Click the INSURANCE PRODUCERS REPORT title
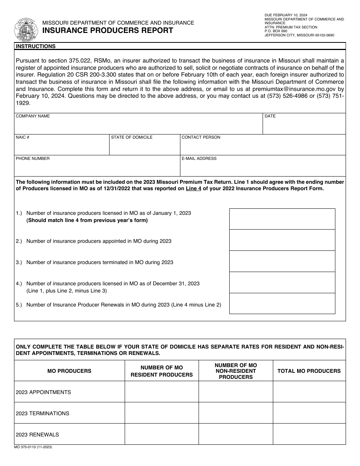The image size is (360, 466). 108,31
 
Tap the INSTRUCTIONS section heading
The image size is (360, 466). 36,46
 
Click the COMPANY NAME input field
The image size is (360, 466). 138,126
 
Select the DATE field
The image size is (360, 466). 304,126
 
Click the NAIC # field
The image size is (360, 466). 61,147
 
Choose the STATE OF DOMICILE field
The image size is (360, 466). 144,147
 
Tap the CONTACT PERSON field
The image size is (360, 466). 263,147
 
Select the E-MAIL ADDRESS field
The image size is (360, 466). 263,168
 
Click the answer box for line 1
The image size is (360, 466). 282,219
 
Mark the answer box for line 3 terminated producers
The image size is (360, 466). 282,261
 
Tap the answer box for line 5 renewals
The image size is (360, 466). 282,303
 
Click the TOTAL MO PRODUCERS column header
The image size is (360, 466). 309,371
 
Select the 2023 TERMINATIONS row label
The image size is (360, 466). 42,413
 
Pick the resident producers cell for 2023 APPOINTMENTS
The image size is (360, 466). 161,392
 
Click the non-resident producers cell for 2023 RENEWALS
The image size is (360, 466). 235,434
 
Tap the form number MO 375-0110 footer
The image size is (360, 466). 34,447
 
